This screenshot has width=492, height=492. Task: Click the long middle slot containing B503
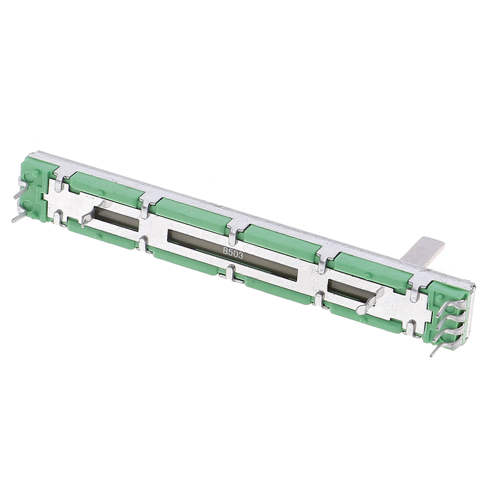tap(233, 255)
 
